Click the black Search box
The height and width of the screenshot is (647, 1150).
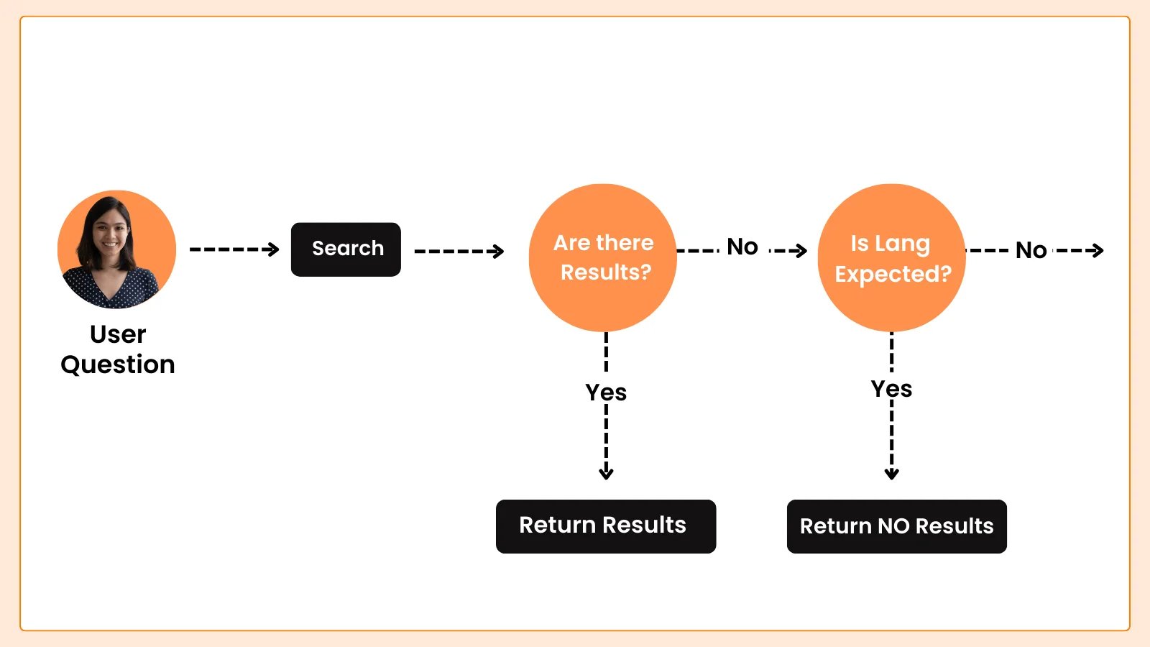click(346, 249)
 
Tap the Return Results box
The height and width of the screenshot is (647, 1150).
click(606, 526)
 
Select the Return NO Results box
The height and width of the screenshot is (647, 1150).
click(896, 526)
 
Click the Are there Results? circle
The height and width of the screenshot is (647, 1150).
click(603, 258)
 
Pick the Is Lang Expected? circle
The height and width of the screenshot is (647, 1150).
click(892, 258)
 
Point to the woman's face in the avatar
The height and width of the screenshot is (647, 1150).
click(109, 234)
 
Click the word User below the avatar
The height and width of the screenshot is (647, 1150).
click(118, 334)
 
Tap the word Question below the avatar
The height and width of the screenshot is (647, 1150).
click(118, 365)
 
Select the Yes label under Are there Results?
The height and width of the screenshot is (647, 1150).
click(606, 393)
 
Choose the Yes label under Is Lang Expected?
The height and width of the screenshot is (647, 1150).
click(892, 389)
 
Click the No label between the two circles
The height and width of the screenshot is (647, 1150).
click(742, 247)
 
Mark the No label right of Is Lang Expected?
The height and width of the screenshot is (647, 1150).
click(1031, 251)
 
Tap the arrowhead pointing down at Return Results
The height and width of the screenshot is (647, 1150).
click(607, 472)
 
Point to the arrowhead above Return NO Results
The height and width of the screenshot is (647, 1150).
click(892, 472)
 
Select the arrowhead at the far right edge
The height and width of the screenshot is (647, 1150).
click(1097, 251)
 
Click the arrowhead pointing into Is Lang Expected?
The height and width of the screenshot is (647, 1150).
click(800, 251)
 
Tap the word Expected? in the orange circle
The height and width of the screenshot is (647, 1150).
click(893, 275)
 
